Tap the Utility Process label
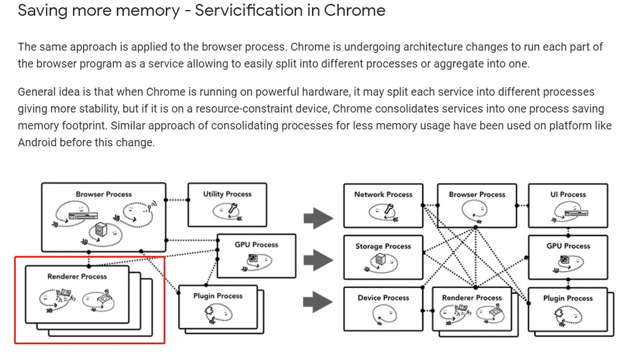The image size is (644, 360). (x=227, y=194)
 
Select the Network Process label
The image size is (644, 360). (x=383, y=194)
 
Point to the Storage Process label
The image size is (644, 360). (x=383, y=246)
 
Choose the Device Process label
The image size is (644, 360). (x=383, y=298)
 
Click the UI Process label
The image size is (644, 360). (x=568, y=194)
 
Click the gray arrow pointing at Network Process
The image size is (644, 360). (x=318, y=219)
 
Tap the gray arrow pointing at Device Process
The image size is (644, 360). (x=318, y=303)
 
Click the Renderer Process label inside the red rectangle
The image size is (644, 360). (x=77, y=276)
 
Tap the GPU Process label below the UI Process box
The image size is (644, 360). (x=568, y=246)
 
